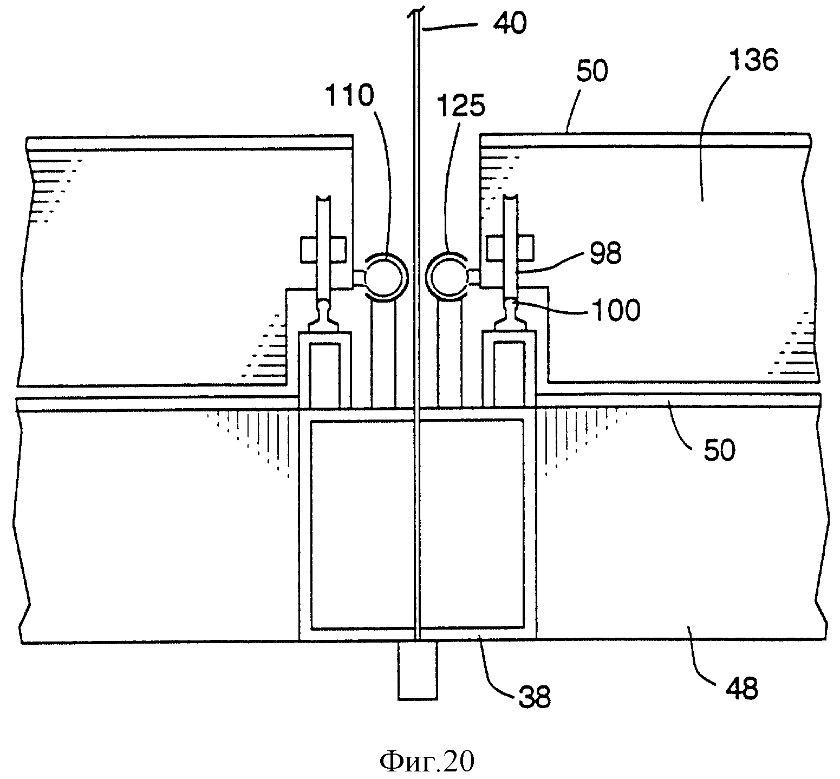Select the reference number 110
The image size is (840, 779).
349,96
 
